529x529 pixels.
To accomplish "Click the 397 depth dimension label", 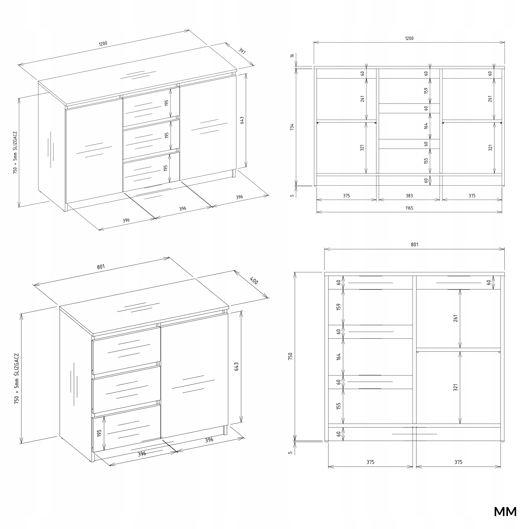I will (242, 51).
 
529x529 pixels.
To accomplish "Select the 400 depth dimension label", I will (254, 281).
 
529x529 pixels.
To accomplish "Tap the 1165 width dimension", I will (409, 208).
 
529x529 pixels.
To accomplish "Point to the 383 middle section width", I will (409, 196).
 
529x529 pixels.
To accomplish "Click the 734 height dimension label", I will (292, 127).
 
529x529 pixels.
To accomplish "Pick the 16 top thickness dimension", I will (292, 55).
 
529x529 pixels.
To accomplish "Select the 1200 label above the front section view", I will (409, 38).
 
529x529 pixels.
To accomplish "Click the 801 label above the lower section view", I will (414, 244).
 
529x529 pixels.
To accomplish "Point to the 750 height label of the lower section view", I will (291, 356).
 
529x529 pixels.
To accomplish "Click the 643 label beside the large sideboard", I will (242, 120).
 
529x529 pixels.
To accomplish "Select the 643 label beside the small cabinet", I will (237, 367).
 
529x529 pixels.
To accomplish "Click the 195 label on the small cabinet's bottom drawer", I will (99, 433).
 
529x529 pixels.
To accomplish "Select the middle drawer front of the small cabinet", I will (126, 389).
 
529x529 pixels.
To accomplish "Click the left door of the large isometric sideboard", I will (94, 151).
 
